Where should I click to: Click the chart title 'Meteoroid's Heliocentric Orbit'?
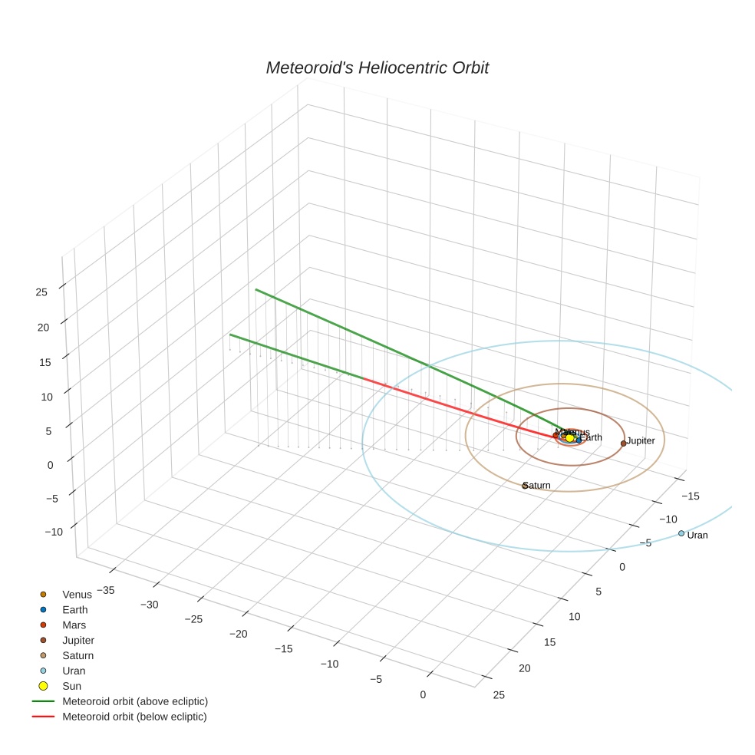(377, 68)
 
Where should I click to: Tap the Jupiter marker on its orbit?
(623, 443)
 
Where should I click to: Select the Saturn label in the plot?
(538, 485)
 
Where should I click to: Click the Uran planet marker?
(681, 533)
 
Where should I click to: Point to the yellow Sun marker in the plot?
(569, 438)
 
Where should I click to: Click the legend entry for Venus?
(77, 595)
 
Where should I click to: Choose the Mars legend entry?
(74, 625)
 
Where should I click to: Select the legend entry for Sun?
(71, 686)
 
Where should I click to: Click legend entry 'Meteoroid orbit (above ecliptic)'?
(135, 701)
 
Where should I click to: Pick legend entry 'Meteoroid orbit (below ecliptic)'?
(134, 717)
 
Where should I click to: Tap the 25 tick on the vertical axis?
(41, 292)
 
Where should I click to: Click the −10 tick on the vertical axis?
(38, 532)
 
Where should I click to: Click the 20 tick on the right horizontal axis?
(525, 668)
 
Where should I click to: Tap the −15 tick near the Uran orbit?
(691, 496)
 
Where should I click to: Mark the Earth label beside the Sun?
(591, 437)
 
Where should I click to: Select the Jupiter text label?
(641, 441)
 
